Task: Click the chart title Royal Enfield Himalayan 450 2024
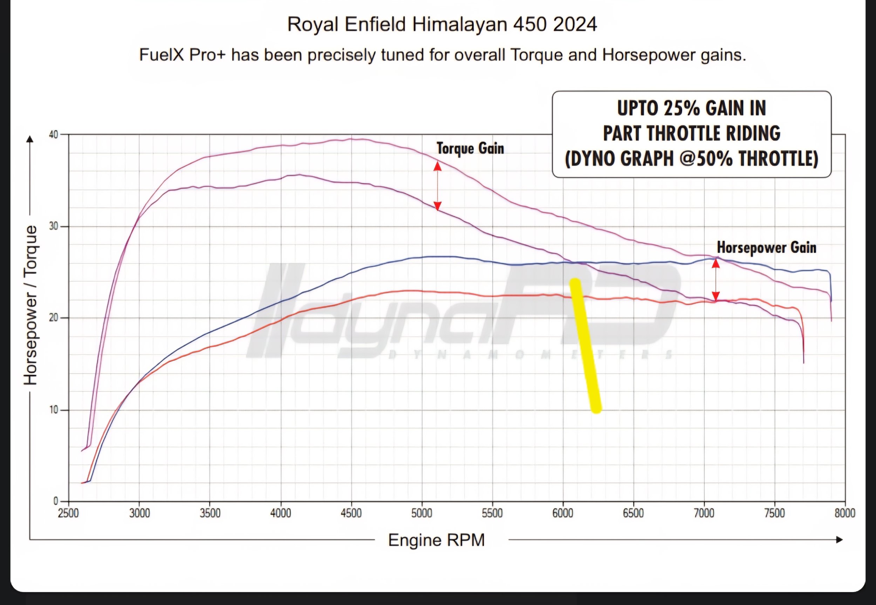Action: click(x=442, y=25)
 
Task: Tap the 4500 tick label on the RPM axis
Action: click(x=351, y=513)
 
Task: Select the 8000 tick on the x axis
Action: click(x=845, y=513)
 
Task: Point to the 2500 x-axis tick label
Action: click(x=69, y=513)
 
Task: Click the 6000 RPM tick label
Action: click(x=563, y=513)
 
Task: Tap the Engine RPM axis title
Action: click(x=437, y=540)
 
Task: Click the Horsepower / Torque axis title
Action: click(x=31, y=305)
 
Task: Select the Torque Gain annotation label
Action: click(x=470, y=148)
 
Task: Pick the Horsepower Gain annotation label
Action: click(x=767, y=247)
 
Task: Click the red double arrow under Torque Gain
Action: click(x=438, y=186)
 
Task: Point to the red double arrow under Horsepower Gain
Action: click(x=716, y=280)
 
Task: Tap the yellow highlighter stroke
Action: click(x=586, y=345)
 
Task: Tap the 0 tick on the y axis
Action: click(x=56, y=501)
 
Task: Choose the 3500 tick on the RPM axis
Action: click(x=210, y=513)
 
